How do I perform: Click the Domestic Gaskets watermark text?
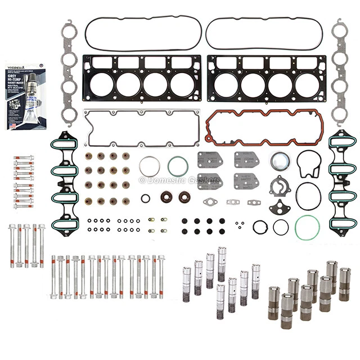(179, 180)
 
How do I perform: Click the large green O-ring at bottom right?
(307, 226)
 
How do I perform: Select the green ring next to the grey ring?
(178, 166)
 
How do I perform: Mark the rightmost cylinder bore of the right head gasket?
(308, 85)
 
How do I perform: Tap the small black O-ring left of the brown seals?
(146, 198)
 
